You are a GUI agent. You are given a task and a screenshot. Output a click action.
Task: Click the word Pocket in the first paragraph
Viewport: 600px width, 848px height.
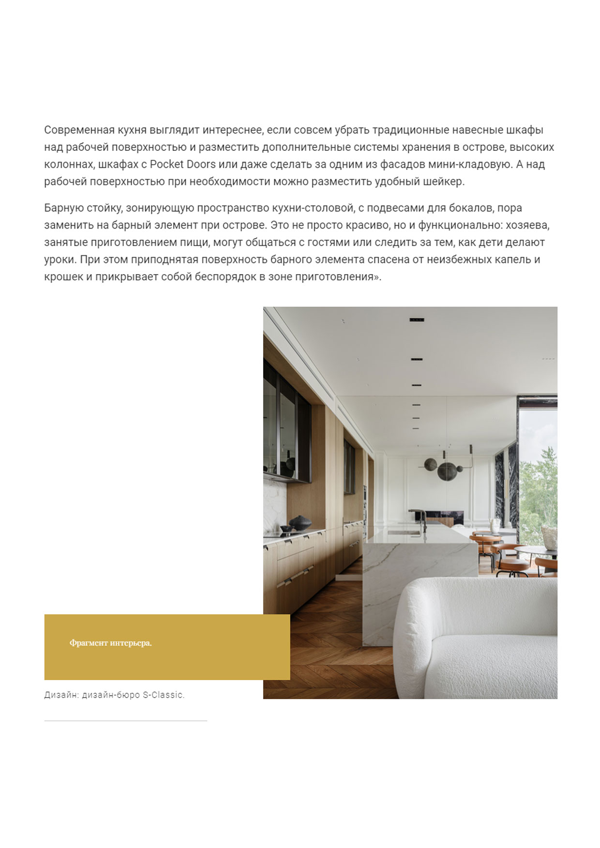click(x=166, y=164)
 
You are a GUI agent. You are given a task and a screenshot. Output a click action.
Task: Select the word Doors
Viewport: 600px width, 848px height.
click(x=201, y=164)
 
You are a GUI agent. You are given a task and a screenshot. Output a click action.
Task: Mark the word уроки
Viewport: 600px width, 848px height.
click(x=60, y=260)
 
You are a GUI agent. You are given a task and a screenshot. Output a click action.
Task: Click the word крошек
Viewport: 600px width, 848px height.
click(x=63, y=277)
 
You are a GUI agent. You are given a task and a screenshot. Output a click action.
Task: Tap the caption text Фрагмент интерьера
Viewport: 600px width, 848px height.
click(x=110, y=643)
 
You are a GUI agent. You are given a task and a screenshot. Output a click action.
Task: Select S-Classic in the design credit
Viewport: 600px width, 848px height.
click(x=163, y=695)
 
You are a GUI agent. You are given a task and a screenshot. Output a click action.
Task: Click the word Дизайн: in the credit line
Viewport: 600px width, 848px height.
click(x=61, y=695)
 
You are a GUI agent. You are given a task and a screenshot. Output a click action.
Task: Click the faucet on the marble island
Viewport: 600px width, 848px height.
click(x=422, y=520)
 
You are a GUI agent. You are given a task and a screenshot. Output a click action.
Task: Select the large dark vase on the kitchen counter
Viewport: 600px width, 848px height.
click(x=300, y=523)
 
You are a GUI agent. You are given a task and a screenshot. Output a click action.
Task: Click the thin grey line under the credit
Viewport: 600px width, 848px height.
click(x=126, y=721)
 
